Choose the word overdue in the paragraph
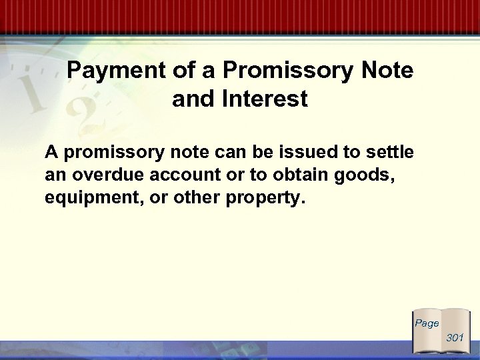pos(103,175)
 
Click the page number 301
pos(455,338)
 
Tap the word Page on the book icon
pos(427,323)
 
